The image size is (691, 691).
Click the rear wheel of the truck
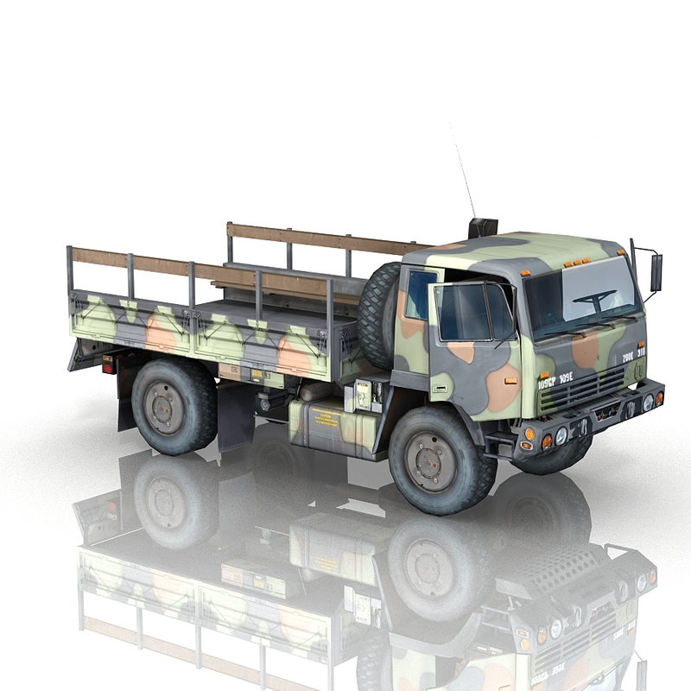tap(172, 407)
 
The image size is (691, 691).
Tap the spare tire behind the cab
tap(377, 315)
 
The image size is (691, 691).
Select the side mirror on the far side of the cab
tap(656, 272)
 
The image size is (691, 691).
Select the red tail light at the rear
tap(108, 364)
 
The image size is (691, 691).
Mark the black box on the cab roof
tap(483, 229)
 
